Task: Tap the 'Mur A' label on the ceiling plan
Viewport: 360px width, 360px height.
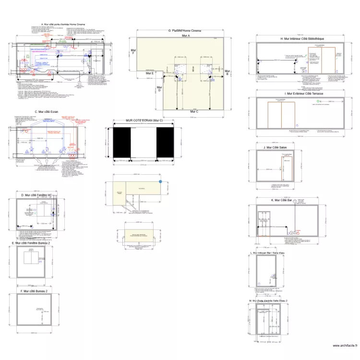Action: point(185,36)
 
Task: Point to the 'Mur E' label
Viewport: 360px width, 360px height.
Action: point(149,73)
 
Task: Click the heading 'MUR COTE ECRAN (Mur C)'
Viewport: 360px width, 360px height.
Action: point(144,120)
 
